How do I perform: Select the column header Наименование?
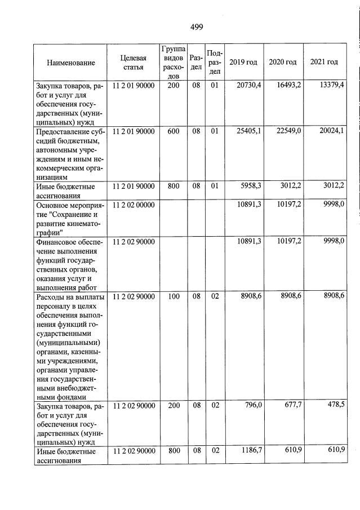tap(71, 62)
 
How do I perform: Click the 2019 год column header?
tap(243, 62)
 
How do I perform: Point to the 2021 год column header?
tap(324, 62)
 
